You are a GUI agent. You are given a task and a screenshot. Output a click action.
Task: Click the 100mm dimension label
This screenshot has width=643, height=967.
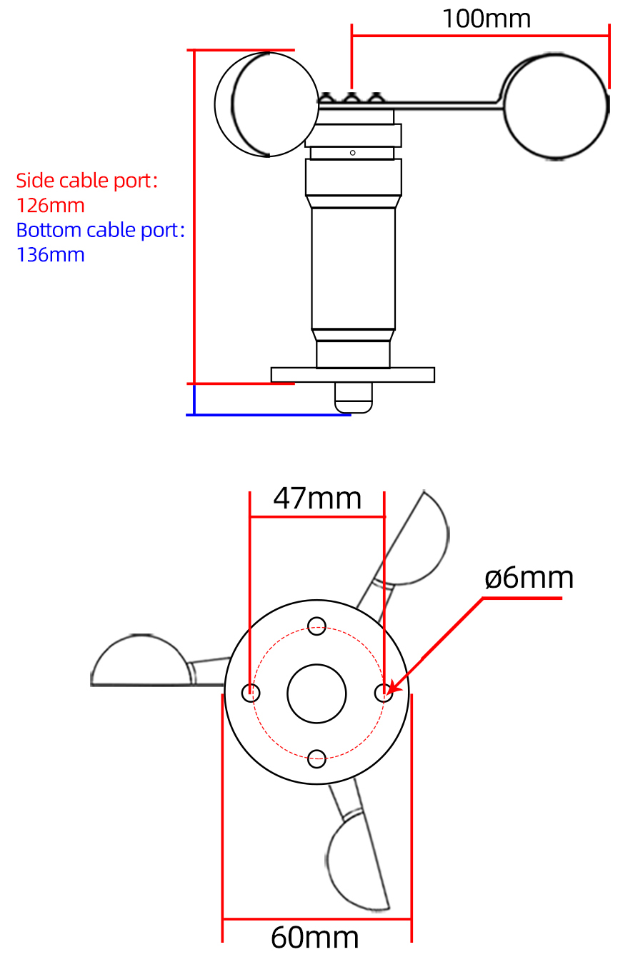tap(487, 19)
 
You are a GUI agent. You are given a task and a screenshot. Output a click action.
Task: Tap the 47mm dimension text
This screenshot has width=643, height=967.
tap(317, 498)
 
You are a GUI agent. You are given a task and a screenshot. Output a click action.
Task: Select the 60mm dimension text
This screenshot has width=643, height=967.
tap(315, 938)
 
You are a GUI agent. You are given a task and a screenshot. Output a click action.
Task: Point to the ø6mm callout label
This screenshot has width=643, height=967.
tap(529, 578)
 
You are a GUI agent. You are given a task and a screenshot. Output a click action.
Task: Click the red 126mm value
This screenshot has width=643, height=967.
tap(51, 206)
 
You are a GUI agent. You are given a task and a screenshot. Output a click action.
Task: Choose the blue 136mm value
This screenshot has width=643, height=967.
tap(51, 255)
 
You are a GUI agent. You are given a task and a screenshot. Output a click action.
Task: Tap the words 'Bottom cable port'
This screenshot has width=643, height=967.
tap(97, 230)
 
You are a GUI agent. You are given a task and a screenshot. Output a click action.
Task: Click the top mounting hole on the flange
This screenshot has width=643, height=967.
tap(316, 627)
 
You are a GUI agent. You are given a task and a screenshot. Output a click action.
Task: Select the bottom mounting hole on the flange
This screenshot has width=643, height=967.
tap(316, 758)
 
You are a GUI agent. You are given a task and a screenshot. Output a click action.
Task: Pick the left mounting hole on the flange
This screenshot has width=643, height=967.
tap(251, 692)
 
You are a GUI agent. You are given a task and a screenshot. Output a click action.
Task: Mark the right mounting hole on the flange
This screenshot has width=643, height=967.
tap(384, 692)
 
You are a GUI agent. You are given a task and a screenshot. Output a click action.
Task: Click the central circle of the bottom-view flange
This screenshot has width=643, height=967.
tap(316, 693)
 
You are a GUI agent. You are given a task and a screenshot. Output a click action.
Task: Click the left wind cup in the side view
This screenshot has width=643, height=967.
tap(266, 104)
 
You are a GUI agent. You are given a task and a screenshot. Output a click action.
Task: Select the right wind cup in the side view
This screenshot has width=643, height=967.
tap(557, 106)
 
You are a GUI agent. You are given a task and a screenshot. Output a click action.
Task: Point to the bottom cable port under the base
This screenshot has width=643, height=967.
tap(354, 397)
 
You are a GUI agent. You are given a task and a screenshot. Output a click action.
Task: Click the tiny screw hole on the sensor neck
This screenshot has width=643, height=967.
tap(352, 153)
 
